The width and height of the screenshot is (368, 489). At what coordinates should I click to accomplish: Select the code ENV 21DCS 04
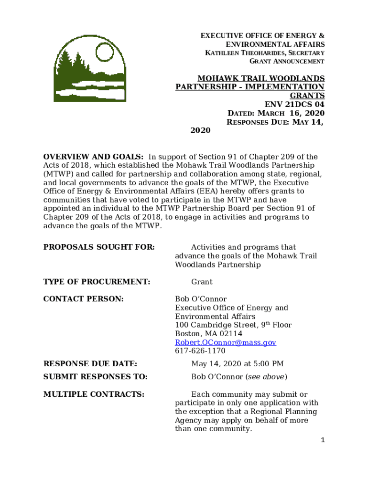[x=294, y=104]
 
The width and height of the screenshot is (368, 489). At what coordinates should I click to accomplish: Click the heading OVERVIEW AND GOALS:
[x=93, y=157]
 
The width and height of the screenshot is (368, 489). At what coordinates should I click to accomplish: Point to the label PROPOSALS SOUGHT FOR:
[x=99, y=247]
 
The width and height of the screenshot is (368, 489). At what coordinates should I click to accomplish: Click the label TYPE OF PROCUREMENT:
[x=97, y=282]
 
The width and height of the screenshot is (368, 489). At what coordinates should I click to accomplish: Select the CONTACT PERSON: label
[x=84, y=299]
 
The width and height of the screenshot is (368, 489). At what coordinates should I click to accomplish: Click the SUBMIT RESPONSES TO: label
[x=95, y=377]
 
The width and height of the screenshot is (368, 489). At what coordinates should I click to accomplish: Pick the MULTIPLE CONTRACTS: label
[x=94, y=394]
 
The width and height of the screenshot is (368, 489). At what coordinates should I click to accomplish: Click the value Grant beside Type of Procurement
[x=202, y=282]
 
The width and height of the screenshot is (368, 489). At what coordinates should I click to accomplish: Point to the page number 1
[x=323, y=440]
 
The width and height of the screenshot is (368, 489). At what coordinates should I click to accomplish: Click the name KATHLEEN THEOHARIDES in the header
[x=239, y=53]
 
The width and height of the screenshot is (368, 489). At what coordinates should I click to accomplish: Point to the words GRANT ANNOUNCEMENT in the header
[x=287, y=62]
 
